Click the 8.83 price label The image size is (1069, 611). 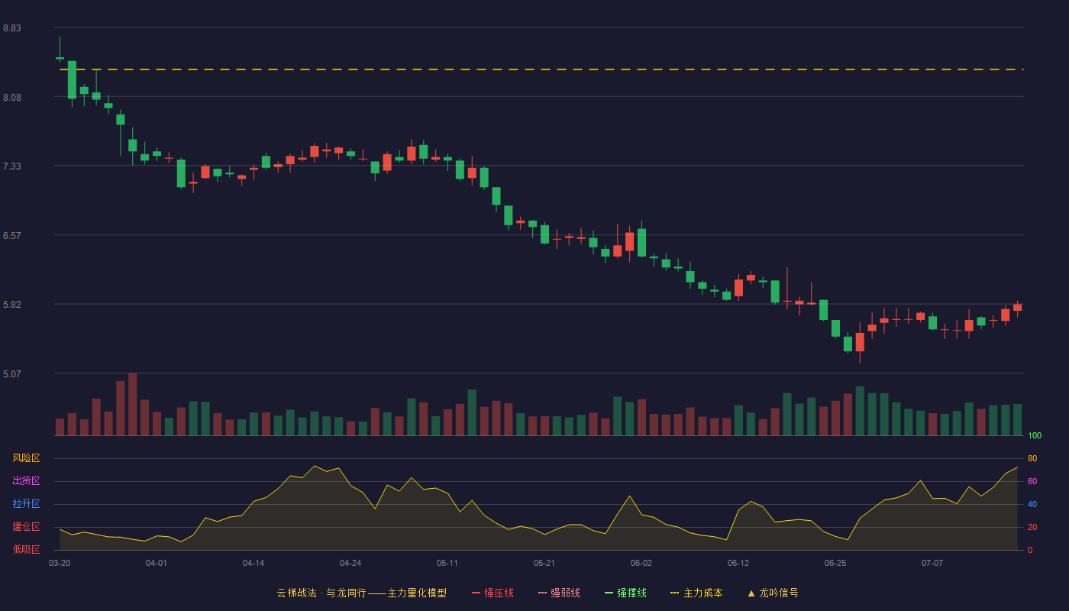[12, 28]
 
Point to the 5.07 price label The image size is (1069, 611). [12, 373]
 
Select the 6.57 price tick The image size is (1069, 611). [12, 236]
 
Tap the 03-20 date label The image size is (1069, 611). [60, 564]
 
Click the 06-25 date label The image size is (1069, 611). [835, 564]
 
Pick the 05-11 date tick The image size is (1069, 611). [447, 564]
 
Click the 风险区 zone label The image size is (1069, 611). [26, 458]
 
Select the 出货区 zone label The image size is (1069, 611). [26, 480]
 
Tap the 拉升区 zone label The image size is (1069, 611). [26, 503]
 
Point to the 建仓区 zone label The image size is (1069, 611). [26, 526]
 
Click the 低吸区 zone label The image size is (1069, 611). [26, 549]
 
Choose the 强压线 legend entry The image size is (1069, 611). [493, 593]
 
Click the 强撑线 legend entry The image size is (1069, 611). [625, 593]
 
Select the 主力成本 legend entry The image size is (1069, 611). [696, 593]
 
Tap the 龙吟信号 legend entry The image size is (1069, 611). [773, 593]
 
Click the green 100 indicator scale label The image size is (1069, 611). [1035, 435]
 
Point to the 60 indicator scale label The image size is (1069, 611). [1032, 481]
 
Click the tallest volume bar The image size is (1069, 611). [133, 404]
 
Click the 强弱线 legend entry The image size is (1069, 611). [559, 593]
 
